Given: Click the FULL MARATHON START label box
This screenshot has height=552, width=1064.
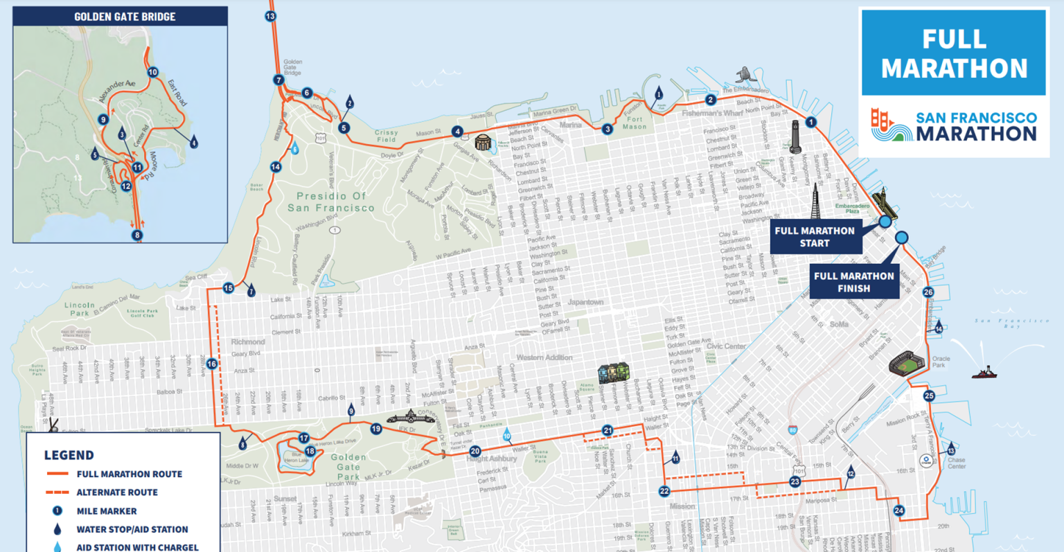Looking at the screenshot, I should click(x=815, y=237).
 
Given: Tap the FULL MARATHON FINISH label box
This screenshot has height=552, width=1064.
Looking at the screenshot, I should click(x=853, y=282).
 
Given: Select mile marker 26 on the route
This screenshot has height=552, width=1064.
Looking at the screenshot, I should click(x=928, y=292).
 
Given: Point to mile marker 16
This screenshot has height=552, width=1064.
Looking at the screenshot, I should click(x=211, y=364).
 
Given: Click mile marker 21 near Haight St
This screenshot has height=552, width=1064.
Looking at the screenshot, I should click(x=608, y=430).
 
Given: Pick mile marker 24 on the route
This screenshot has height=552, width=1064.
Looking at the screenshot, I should click(x=898, y=510).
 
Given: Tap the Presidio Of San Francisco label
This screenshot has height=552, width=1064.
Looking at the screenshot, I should click(x=330, y=202).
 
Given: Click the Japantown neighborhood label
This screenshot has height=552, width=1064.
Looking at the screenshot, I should click(x=585, y=302).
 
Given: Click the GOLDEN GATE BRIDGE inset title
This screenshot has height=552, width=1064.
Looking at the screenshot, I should click(x=125, y=16).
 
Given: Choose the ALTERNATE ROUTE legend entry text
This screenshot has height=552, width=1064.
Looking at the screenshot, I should click(x=117, y=492).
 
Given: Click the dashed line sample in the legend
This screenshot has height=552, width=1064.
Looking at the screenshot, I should click(x=57, y=492).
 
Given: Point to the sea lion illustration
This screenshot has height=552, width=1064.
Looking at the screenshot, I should click(x=744, y=74).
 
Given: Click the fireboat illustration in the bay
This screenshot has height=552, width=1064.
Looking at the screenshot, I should click(x=984, y=373).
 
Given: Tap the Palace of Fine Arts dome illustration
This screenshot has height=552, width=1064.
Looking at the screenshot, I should click(x=483, y=143).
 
